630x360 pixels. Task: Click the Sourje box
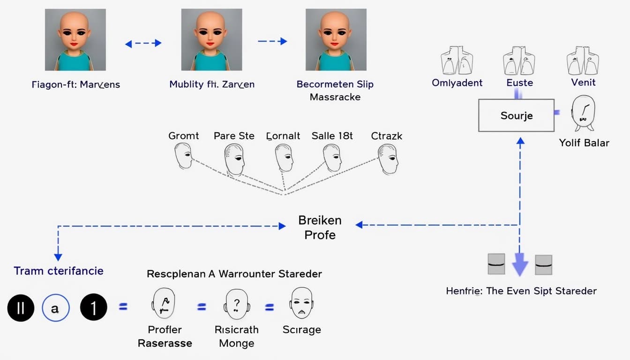pyautogui.click(x=516, y=115)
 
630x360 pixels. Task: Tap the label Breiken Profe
pyautogui.click(x=320, y=227)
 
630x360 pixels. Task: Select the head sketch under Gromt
pyautogui.click(x=183, y=156)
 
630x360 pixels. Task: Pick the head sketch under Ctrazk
pyautogui.click(x=388, y=158)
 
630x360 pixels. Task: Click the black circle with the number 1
pyautogui.click(x=93, y=307)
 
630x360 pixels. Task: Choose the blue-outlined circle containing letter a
pyautogui.click(x=55, y=308)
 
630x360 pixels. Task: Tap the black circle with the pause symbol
pyautogui.click(x=20, y=307)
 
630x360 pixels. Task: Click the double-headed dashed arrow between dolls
pyautogui.click(x=143, y=43)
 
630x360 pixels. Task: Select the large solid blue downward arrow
pyautogui.click(x=520, y=264)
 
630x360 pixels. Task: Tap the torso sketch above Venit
pyautogui.click(x=583, y=60)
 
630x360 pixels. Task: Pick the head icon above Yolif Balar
pyautogui.click(x=583, y=113)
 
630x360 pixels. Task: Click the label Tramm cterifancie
pyautogui.click(x=59, y=271)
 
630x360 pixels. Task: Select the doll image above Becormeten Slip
pyautogui.click(x=336, y=40)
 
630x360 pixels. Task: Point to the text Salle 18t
pyautogui.click(x=332, y=136)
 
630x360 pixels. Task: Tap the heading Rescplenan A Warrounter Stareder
pyautogui.click(x=234, y=274)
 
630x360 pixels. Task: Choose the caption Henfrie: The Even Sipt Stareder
pyautogui.click(x=521, y=291)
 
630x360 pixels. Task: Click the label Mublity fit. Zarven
pyautogui.click(x=212, y=85)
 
